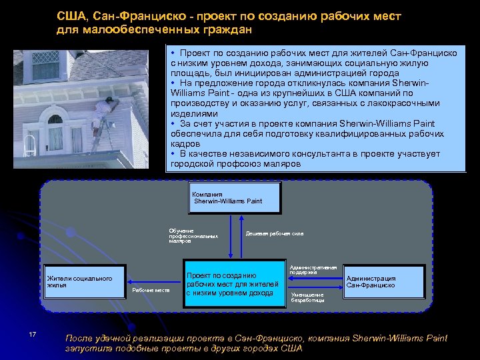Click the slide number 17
pyautogui.click(x=32, y=334)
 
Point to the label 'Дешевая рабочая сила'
pyautogui.click(x=275, y=233)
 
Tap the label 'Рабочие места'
pyautogui.click(x=151, y=290)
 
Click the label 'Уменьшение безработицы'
pyautogui.click(x=307, y=297)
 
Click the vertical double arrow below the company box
pyautogui.click(x=230, y=236)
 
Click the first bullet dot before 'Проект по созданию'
pyautogui.click(x=172, y=52)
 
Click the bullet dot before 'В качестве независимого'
pyautogui.click(x=172, y=154)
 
